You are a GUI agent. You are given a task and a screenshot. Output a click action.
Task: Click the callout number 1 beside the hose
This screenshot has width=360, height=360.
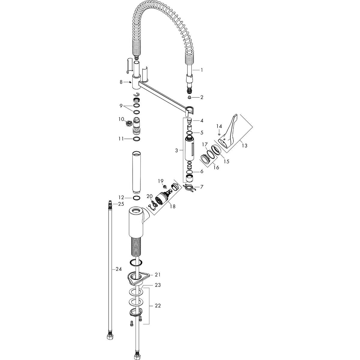tap(202, 70)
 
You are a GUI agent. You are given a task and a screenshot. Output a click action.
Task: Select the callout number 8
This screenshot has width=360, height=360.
tap(121, 82)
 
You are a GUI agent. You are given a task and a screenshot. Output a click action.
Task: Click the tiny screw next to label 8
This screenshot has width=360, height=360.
tap(130, 82)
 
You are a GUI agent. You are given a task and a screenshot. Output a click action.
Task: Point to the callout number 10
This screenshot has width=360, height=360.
tap(121, 119)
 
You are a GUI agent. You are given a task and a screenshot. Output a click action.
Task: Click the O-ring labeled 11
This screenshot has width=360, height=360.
tap(136, 139)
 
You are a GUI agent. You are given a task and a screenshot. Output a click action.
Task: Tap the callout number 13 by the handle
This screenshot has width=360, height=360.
tap(244, 145)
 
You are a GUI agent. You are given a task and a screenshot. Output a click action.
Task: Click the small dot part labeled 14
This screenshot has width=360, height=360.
tap(219, 134)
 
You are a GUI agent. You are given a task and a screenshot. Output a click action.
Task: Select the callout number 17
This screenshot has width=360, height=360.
tap(205, 144)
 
